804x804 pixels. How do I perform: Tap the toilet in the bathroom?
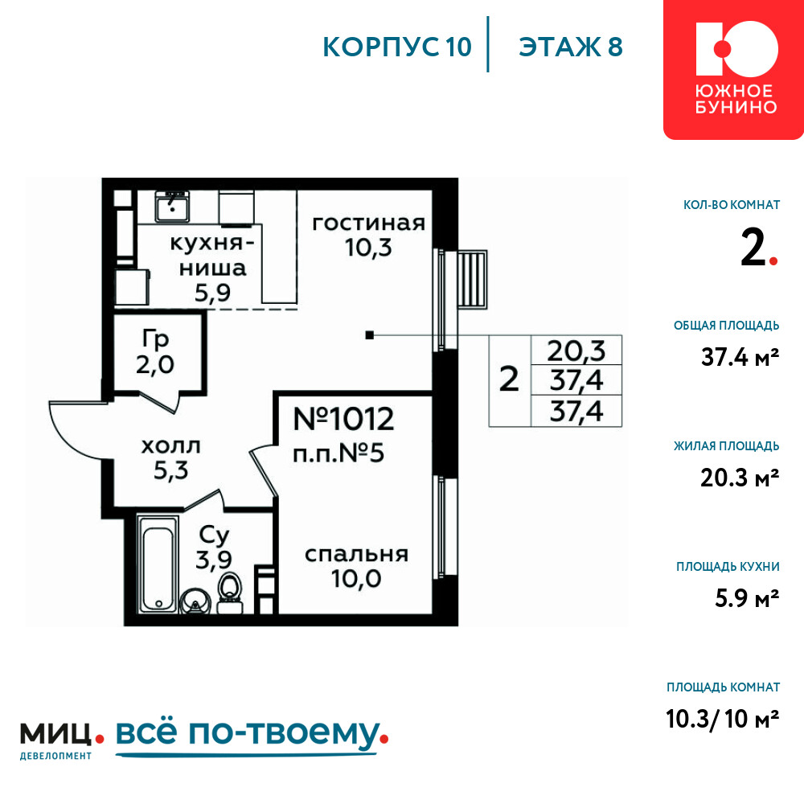pos(229,593)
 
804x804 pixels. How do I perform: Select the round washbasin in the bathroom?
pos(195,601)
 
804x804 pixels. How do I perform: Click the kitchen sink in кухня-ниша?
pos(172,206)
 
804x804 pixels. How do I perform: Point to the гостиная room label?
pos(369,224)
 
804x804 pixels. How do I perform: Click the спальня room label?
pos(356,554)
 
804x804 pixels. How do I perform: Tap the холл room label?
pos(170,446)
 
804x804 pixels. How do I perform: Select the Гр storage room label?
pos(155,339)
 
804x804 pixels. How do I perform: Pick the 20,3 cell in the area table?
pos(576,351)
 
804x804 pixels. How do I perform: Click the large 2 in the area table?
pos(509,379)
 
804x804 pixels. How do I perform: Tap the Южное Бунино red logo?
pos(734,69)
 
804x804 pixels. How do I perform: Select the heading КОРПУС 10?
pos(397,47)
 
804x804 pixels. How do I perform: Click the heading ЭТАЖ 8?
pos(571,47)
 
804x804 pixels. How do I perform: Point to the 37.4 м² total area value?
pos(740,357)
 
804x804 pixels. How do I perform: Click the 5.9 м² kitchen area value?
pos(747,598)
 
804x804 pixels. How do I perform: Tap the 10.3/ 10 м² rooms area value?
pos(723,718)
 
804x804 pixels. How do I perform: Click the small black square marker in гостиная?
pos(369,335)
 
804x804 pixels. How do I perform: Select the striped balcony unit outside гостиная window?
pos(472,280)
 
